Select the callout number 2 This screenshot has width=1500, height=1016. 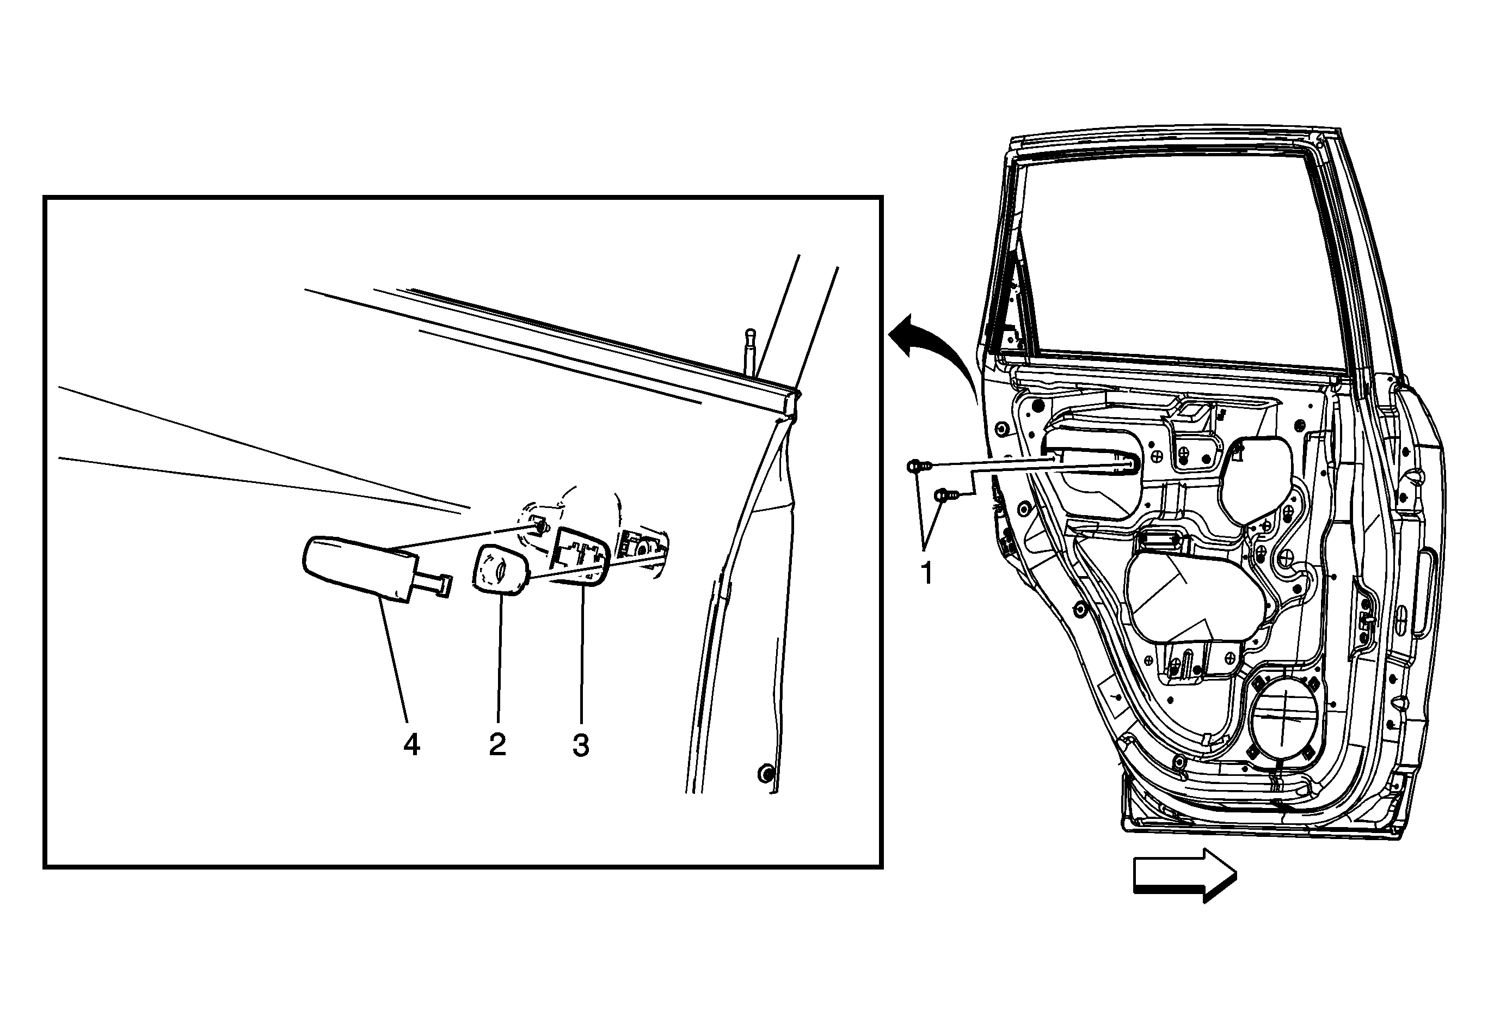tap(497, 745)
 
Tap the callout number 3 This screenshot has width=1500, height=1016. tap(581, 745)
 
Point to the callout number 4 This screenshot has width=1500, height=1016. tap(411, 745)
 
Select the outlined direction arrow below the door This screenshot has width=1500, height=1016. tap(1185, 874)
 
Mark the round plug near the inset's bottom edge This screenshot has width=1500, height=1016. tap(765, 773)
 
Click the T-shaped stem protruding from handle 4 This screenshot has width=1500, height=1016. tap(431, 585)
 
